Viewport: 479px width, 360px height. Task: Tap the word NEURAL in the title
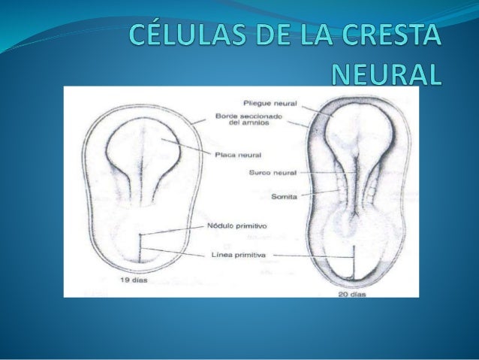[387, 73]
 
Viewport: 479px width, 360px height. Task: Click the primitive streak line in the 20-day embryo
[353, 263]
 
